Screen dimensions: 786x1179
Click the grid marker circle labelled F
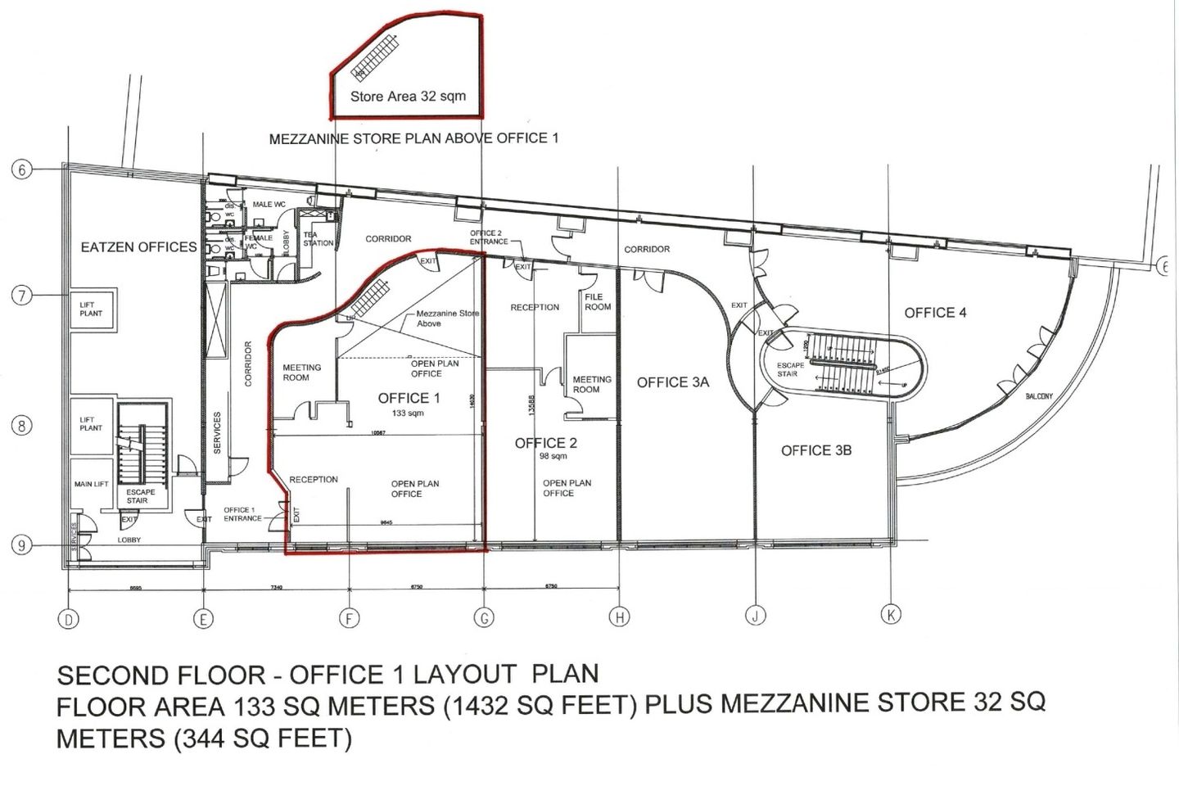point(350,618)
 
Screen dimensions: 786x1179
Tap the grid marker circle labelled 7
point(22,296)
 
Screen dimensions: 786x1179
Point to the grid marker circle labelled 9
point(22,545)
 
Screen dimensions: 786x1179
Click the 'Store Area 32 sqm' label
point(408,96)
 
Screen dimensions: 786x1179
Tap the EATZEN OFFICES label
point(138,246)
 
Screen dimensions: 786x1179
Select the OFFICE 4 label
point(935,313)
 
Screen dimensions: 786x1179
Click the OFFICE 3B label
point(816,450)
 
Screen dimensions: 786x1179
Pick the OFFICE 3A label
point(673,382)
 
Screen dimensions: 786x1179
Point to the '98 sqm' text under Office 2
point(553,456)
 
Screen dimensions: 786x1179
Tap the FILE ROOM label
point(598,302)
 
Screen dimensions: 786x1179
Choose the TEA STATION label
point(318,238)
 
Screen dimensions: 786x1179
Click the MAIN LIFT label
point(91,484)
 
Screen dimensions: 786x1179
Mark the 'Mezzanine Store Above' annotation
point(446,318)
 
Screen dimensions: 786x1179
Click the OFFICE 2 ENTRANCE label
point(488,237)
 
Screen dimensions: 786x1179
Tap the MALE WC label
point(269,204)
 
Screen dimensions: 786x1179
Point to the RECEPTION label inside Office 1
point(313,479)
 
